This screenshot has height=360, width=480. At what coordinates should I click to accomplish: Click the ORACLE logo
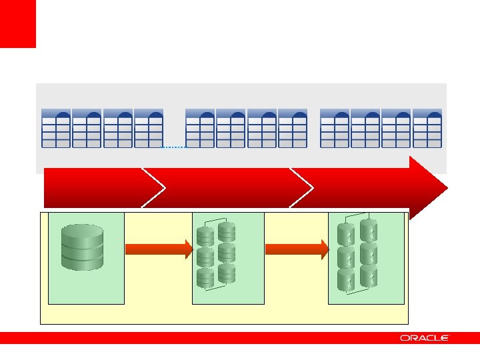(425, 338)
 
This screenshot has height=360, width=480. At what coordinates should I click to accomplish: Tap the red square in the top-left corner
(17, 23)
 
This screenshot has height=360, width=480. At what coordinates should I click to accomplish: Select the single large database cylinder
(83, 246)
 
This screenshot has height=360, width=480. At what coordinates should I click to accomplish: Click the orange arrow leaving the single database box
(159, 249)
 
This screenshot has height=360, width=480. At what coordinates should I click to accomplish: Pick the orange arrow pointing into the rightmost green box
(297, 249)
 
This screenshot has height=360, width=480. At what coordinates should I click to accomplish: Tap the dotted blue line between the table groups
(174, 146)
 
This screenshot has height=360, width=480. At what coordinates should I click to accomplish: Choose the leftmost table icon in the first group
(56, 128)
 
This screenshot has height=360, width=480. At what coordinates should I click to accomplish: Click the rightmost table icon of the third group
(427, 128)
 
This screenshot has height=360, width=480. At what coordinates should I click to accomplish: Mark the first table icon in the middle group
(200, 128)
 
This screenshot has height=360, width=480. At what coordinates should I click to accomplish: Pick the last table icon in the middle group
(293, 128)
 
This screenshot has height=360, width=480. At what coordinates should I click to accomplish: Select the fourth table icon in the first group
(149, 128)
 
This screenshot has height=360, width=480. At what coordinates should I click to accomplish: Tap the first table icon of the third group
(335, 128)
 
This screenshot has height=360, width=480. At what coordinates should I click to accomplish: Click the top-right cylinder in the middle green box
(227, 231)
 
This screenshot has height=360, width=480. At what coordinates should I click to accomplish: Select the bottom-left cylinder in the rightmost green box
(346, 280)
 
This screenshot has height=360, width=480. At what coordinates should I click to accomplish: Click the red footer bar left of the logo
(200, 338)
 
